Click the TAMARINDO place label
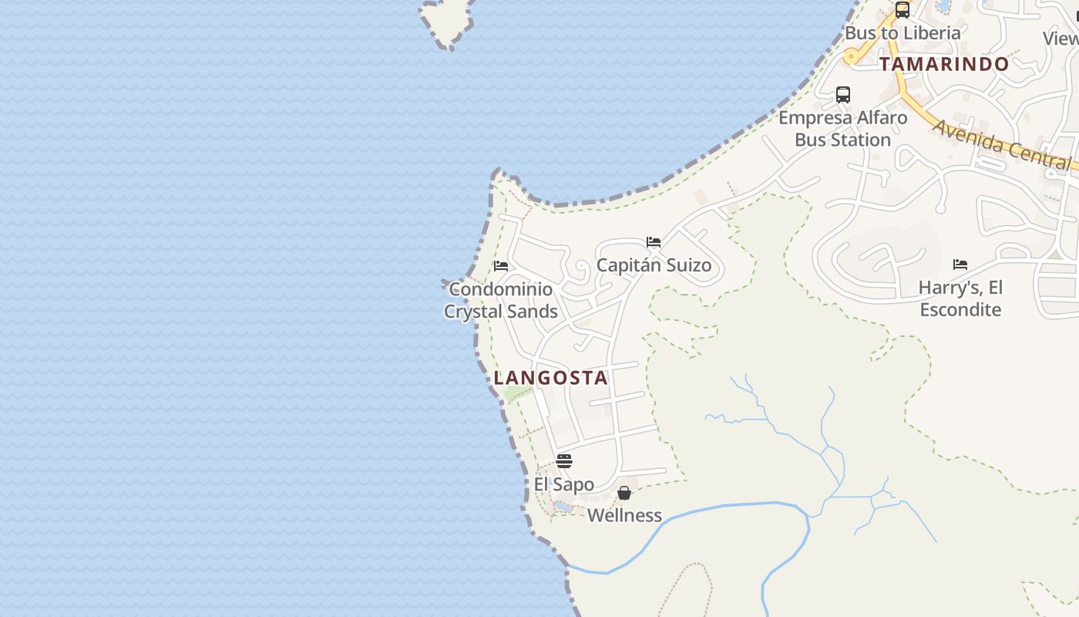[x=944, y=64]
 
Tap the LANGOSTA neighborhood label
[x=551, y=378]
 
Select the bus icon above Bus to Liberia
[x=902, y=10]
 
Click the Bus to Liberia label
[x=903, y=33]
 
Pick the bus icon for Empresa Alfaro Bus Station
[x=843, y=95]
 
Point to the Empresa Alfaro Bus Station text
[x=842, y=129]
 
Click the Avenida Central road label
[x=1001, y=143]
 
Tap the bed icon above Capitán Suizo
[x=654, y=242]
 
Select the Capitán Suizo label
[x=654, y=265]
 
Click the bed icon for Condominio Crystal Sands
[x=501, y=266]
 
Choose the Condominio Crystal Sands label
[x=501, y=300]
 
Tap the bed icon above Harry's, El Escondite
[x=960, y=264]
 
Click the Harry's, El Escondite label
[x=960, y=298]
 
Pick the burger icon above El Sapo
[x=564, y=461]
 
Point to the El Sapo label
[x=564, y=484]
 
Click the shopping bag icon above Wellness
[x=624, y=492]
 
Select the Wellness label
[x=624, y=515]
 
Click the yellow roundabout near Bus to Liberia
[x=852, y=56]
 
